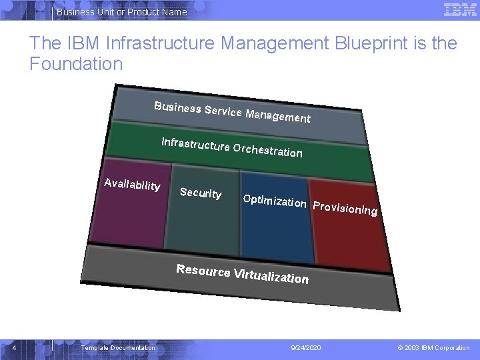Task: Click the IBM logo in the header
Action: (459, 10)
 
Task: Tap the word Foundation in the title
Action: (76, 64)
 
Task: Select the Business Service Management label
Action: (232, 112)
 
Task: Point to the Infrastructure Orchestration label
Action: (232, 147)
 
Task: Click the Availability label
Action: (132, 184)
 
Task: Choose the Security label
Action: (201, 193)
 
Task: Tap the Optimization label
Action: (275, 201)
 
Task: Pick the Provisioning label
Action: (345, 208)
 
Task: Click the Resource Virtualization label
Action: (242, 274)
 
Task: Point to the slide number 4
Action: (14, 347)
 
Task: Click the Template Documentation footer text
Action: (118, 348)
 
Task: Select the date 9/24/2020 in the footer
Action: (306, 348)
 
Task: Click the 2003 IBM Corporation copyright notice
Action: (434, 348)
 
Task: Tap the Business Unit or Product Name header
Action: (122, 12)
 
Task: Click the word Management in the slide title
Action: (275, 44)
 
